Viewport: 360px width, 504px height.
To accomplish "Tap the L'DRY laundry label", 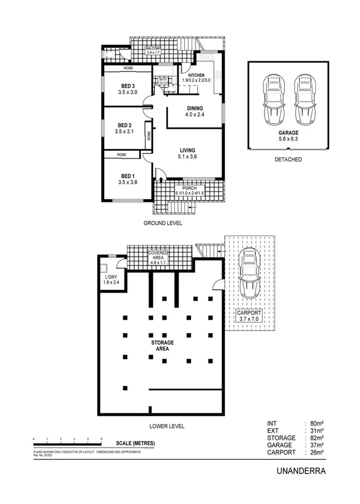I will (x=111, y=279).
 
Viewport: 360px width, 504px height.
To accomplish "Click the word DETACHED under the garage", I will (x=288, y=159).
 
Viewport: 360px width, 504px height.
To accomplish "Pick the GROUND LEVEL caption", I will (x=163, y=223).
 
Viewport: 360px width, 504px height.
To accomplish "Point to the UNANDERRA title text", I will (x=300, y=471).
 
